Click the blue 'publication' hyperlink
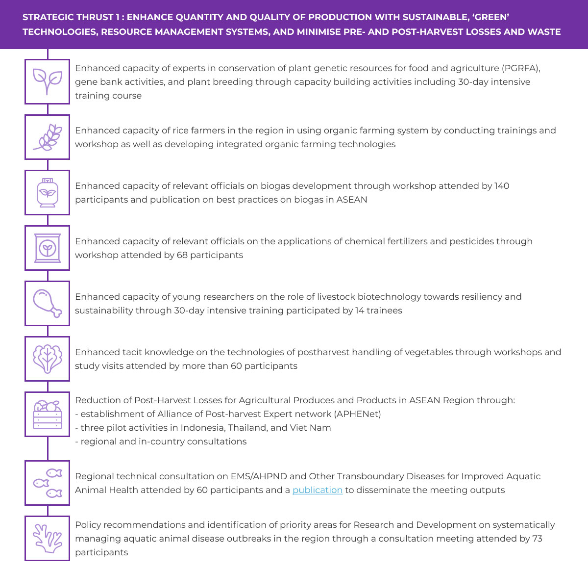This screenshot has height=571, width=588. [x=317, y=490]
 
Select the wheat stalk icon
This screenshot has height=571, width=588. [x=48, y=137]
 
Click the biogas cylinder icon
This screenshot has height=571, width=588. [x=48, y=193]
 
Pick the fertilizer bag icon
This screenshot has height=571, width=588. [x=48, y=248]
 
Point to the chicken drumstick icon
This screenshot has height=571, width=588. [x=48, y=303]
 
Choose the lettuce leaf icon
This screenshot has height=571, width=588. [x=48, y=359]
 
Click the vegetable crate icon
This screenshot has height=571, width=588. [x=48, y=415]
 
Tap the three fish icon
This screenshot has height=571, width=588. [x=48, y=483]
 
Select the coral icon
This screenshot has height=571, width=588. [x=48, y=538]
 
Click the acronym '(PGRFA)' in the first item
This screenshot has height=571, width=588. [x=520, y=68]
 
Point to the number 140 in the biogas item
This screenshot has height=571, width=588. [x=502, y=186]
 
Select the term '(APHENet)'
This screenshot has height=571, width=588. [x=357, y=414]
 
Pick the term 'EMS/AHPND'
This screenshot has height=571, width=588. [x=259, y=476]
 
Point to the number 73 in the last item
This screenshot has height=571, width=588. [x=537, y=539]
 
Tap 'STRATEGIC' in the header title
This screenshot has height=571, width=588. [x=44, y=17]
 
